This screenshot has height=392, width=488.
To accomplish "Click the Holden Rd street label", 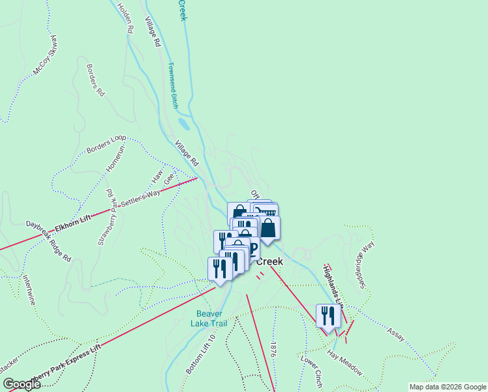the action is click(x=125, y=18).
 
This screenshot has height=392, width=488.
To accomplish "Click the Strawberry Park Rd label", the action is click(x=106, y=217).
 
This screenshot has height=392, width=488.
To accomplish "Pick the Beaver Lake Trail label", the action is click(x=209, y=318).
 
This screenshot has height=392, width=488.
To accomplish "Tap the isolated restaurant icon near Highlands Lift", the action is click(x=327, y=316).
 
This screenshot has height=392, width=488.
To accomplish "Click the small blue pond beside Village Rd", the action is click(x=183, y=123).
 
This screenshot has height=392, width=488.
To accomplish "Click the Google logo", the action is click(x=22, y=384).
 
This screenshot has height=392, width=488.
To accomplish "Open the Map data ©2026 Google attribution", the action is click(x=447, y=387).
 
